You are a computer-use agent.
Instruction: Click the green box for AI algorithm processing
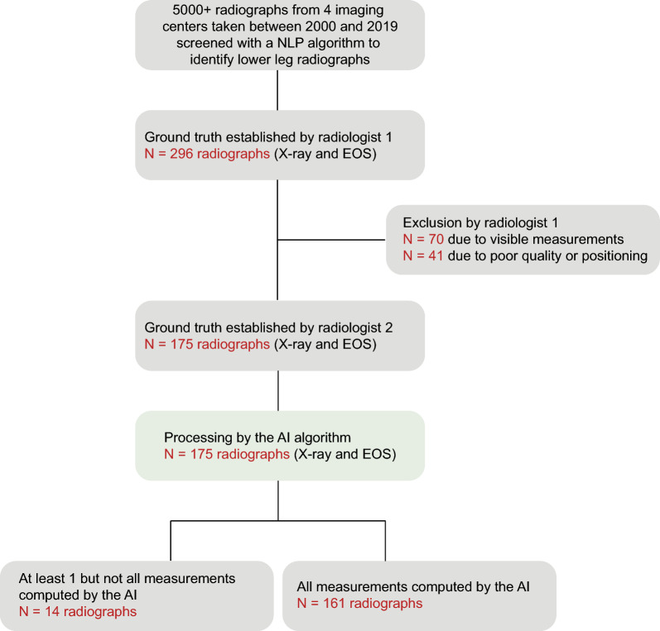click(x=280, y=447)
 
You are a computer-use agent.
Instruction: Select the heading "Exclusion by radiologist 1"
click(x=481, y=223)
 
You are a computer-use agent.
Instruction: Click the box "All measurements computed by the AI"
click(x=418, y=595)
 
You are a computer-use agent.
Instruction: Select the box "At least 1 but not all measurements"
click(x=136, y=595)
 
